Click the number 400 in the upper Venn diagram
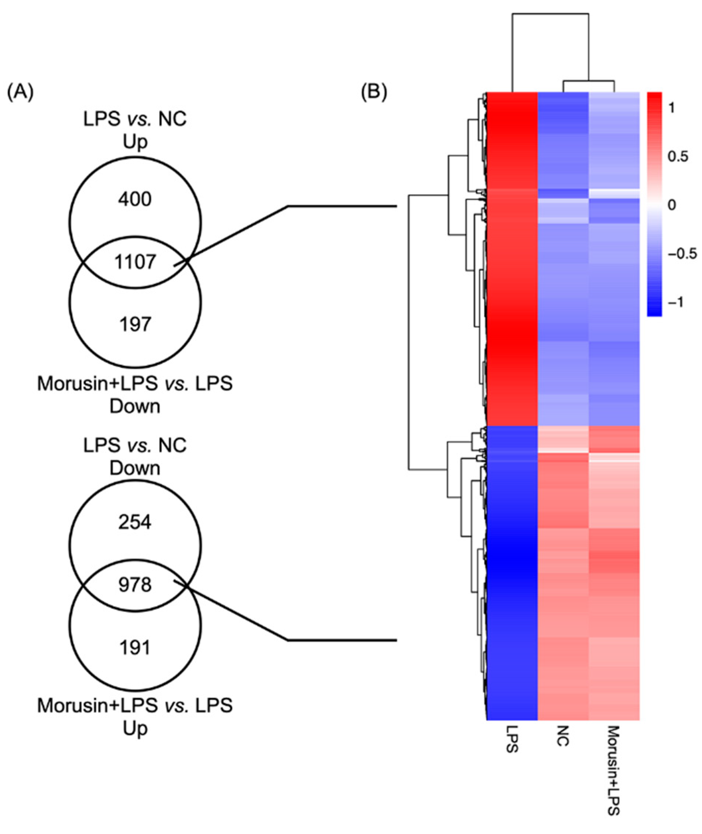(x=135, y=199)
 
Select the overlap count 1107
(x=135, y=262)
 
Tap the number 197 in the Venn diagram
(x=135, y=325)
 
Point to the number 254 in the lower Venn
(x=135, y=522)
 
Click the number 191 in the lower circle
(x=135, y=648)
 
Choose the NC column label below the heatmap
(x=563, y=736)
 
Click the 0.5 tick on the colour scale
(x=678, y=157)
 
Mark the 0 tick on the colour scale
(x=672, y=205)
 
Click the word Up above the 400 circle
(x=135, y=142)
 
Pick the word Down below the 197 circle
(x=135, y=406)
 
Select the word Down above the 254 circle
(x=135, y=469)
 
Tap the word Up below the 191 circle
(x=135, y=729)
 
